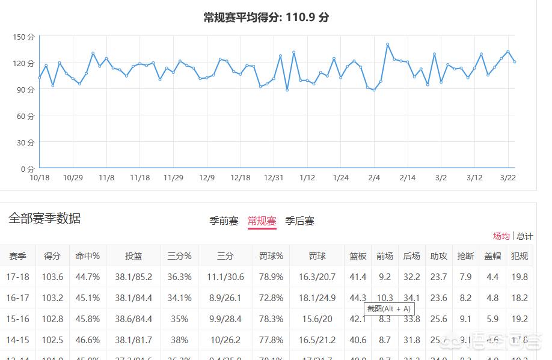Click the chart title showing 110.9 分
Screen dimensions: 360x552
point(266,17)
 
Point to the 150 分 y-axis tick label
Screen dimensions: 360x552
point(24,37)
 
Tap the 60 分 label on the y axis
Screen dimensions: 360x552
point(25,116)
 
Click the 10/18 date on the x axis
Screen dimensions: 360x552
point(39,177)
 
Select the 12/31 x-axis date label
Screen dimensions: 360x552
point(274,177)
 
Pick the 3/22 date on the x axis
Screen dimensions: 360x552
point(508,177)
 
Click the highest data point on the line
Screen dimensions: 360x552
point(388,44)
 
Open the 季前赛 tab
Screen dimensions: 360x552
point(224,221)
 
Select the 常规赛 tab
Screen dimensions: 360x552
point(262,221)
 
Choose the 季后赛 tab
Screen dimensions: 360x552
point(299,221)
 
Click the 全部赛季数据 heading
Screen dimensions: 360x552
point(44,219)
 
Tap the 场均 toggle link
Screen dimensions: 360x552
point(501,236)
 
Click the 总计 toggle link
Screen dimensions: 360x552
point(524,236)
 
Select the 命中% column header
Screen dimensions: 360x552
point(87,256)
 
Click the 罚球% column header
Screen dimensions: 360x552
point(271,256)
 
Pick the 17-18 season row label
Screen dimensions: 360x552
point(17,277)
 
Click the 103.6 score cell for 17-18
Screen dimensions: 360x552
point(53,277)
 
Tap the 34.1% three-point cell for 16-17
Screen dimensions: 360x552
point(179,298)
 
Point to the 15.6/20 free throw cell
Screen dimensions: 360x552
point(316,319)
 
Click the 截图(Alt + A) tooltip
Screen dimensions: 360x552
point(389,309)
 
